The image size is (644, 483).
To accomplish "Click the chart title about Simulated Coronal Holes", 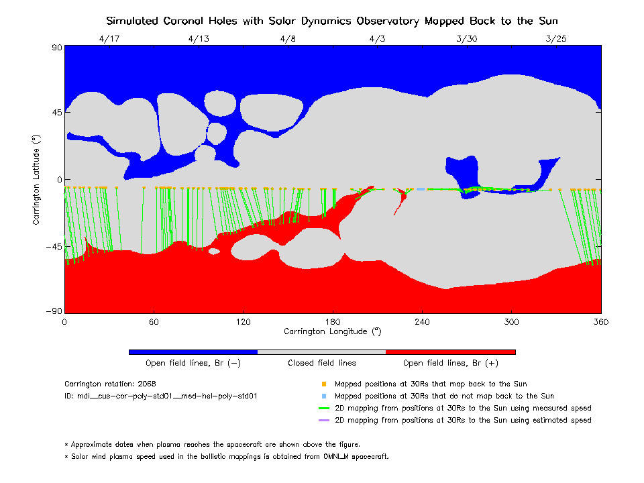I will click(332, 21).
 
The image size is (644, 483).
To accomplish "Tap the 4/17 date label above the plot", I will click(109, 38).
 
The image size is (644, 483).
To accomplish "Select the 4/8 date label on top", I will click(288, 38).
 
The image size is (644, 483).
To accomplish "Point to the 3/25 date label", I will click(556, 38).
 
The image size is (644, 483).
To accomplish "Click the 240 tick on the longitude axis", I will click(422, 322).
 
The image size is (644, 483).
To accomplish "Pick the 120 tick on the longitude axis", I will click(243, 322).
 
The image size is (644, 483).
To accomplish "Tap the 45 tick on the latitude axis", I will click(56, 113).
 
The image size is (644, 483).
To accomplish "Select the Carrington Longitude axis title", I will click(333, 331).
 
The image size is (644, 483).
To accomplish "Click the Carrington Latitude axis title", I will click(37, 180).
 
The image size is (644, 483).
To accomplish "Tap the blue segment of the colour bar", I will click(193, 352).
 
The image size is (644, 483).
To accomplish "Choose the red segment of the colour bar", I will click(450, 352).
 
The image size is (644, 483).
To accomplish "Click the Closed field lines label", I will click(322, 364).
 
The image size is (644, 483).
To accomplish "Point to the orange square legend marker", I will click(323, 384).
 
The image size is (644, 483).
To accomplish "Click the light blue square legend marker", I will click(323, 396).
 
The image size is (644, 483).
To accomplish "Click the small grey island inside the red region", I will click(214, 251).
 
